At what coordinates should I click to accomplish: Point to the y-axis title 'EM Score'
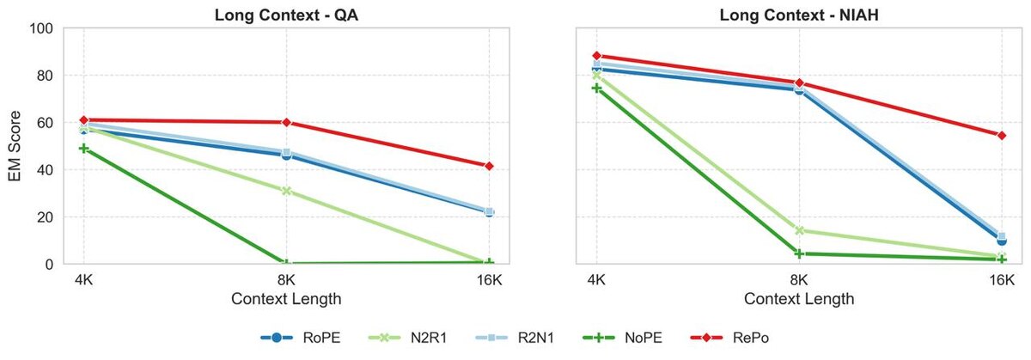[15, 146]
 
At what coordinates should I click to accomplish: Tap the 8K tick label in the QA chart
[286, 280]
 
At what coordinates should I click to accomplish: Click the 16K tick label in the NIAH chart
[1001, 280]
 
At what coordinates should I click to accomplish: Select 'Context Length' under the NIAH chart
[799, 299]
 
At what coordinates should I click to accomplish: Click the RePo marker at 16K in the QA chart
[489, 166]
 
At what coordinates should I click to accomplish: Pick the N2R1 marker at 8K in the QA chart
[286, 191]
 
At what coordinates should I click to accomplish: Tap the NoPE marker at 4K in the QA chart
[83, 149]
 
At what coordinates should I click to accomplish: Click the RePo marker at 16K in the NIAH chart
[1001, 135]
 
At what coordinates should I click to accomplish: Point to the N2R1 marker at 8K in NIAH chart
[799, 230]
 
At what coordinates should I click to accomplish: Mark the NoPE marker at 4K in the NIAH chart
[597, 88]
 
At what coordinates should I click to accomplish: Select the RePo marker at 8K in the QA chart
[286, 122]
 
